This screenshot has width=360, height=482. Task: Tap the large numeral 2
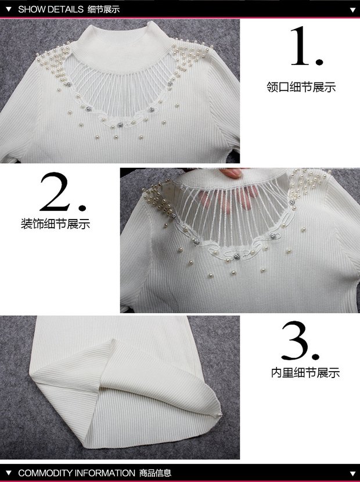tap(63, 192)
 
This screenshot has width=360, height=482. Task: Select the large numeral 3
tap(300, 341)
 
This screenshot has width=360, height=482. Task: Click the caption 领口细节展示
tap(301, 87)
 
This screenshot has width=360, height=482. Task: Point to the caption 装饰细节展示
tap(55, 224)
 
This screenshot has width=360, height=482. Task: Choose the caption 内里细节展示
tap(305, 373)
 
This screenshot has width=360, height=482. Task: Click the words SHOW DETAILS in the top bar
tap(51, 9)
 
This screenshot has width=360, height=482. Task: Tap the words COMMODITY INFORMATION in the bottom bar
tap(77, 473)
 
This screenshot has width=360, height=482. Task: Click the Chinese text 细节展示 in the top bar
tap(103, 9)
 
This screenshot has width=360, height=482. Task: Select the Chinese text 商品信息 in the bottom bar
tap(155, 473)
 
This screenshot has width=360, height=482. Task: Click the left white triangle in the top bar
tap(8, 9)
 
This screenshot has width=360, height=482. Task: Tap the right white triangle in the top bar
tap(352, 10)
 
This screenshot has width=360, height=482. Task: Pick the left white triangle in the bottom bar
tap(8, 473)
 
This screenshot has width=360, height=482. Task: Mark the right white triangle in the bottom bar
tap(352, 473)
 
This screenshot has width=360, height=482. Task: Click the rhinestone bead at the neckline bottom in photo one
tap(121, 125)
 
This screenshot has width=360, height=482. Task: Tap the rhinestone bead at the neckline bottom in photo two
tap(236, 256)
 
